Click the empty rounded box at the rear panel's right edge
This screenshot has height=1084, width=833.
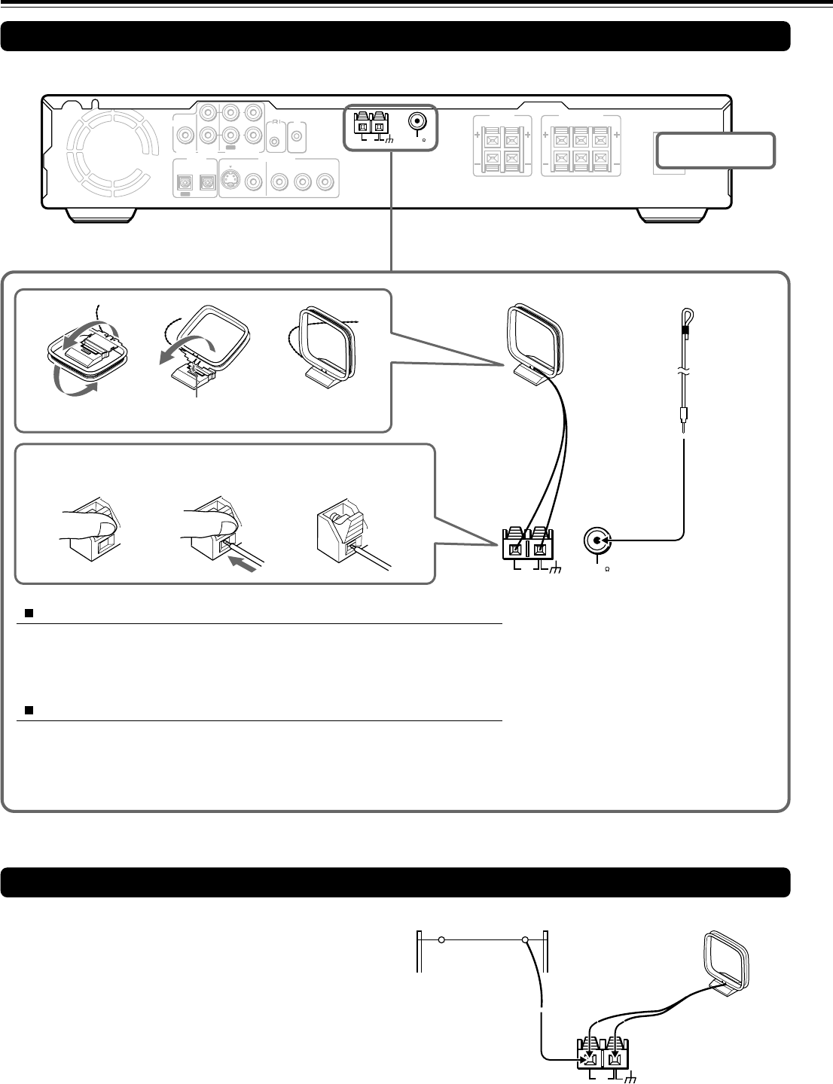pos(715,151)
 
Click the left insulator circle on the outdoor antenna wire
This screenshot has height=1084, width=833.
pos(442,940)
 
